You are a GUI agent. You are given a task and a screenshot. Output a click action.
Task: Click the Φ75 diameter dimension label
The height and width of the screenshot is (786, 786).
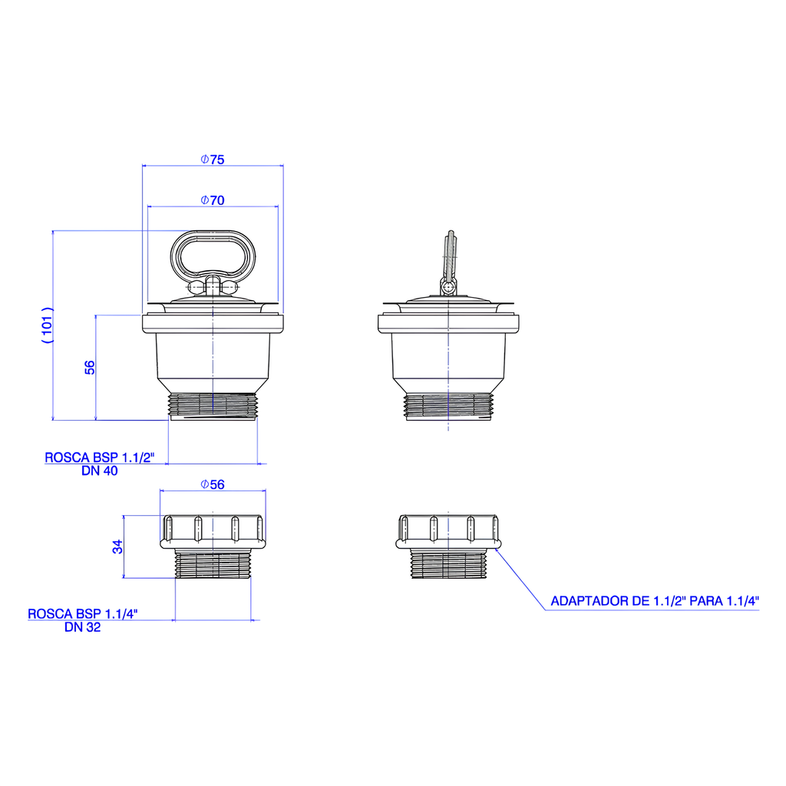pyautogui.click(x=213, y=160)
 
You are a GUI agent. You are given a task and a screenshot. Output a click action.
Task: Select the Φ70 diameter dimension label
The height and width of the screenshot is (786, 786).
pyautogui.click(x=213, y=200)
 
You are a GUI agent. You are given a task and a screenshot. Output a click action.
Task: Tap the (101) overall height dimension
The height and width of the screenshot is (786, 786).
pyautogui.click(x=47, y=325)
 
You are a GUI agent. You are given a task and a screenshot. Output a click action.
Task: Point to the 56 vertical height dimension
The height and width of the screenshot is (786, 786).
pyautogui.click(x=89, y=368)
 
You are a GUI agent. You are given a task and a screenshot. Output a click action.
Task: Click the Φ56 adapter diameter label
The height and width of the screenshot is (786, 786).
pyautogui.click(x=213, y=485)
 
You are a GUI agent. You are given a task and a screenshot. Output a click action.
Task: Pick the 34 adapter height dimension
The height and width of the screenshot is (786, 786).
pyautogui.click(x=117, y=547)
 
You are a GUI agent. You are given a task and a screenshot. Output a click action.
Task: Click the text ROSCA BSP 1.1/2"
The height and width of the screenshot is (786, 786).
pyautogui.click(x=100, y=457)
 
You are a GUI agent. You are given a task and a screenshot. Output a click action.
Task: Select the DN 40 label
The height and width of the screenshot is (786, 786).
pyautogui.click(x=100, y=471)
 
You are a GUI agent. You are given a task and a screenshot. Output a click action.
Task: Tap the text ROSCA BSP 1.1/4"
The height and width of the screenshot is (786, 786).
pyautogui.click(x=83, y=613)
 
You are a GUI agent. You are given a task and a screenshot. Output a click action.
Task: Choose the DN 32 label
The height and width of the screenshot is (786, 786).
pyautogui.click(x=83, y=627)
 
